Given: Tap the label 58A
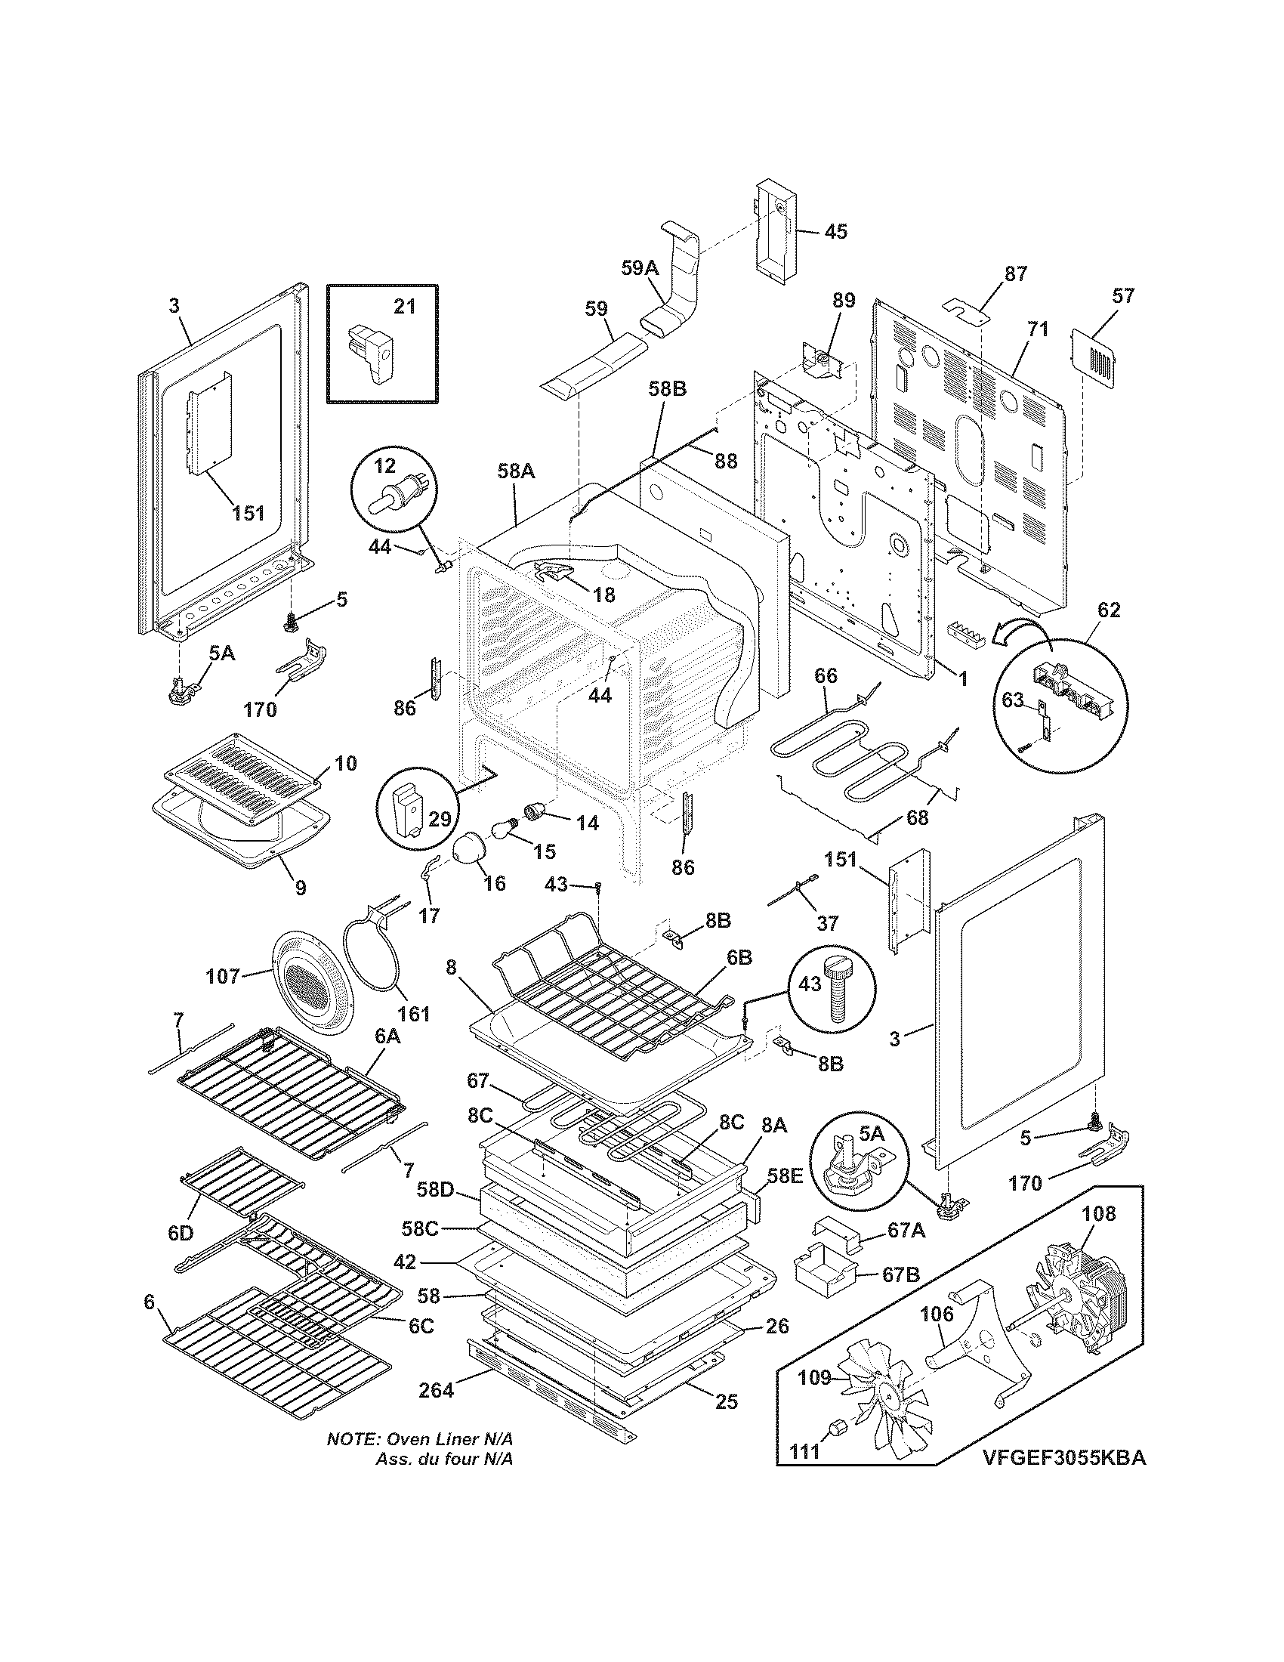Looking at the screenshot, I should (x=516, y=472).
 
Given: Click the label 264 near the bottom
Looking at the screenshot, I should (x=437, y=1390).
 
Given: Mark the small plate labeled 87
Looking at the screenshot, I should (x=968, y=309).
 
